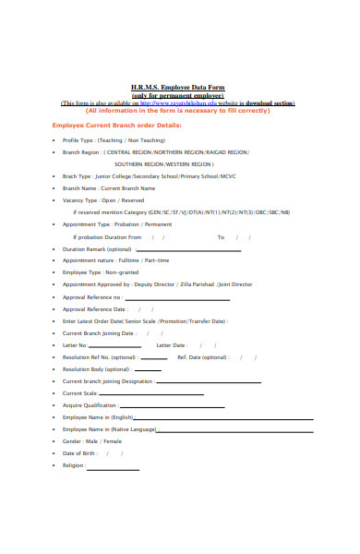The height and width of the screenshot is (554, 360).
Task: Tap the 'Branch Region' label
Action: pos(80,151)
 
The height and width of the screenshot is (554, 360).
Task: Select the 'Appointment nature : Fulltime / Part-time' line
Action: pos(115,260)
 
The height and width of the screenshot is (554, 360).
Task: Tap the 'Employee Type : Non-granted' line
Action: pos(100,273)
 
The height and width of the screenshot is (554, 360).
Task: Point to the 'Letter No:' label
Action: pos(75,344)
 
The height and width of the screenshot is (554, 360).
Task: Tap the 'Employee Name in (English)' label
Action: pos(98,417)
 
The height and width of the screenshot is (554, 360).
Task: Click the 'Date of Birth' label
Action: pos(79,453)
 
